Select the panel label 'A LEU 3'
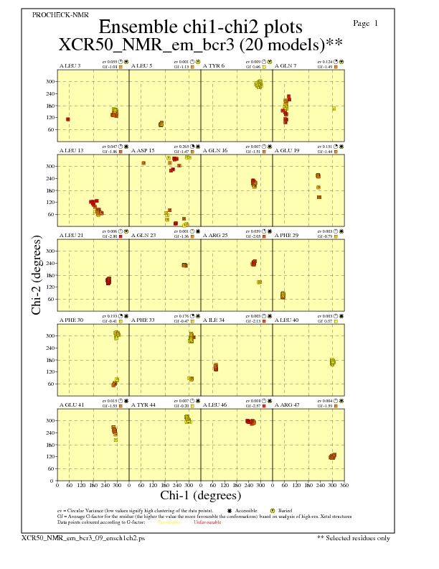coord(70,65)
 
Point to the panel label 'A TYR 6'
coord(214,65)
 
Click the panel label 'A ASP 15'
coord(143,150)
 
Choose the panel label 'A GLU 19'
coord(286,150)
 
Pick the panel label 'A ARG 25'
coord(214,235)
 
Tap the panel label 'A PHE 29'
coord(286,235)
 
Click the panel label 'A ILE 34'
coord(214,320)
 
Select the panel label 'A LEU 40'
coord(286,320)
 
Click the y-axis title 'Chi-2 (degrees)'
coord(36,274)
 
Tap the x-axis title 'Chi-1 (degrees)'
coord(200,496)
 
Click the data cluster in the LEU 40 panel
coord(333,362)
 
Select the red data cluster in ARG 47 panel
coord(332,456)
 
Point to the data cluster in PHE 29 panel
coord(283,295)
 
